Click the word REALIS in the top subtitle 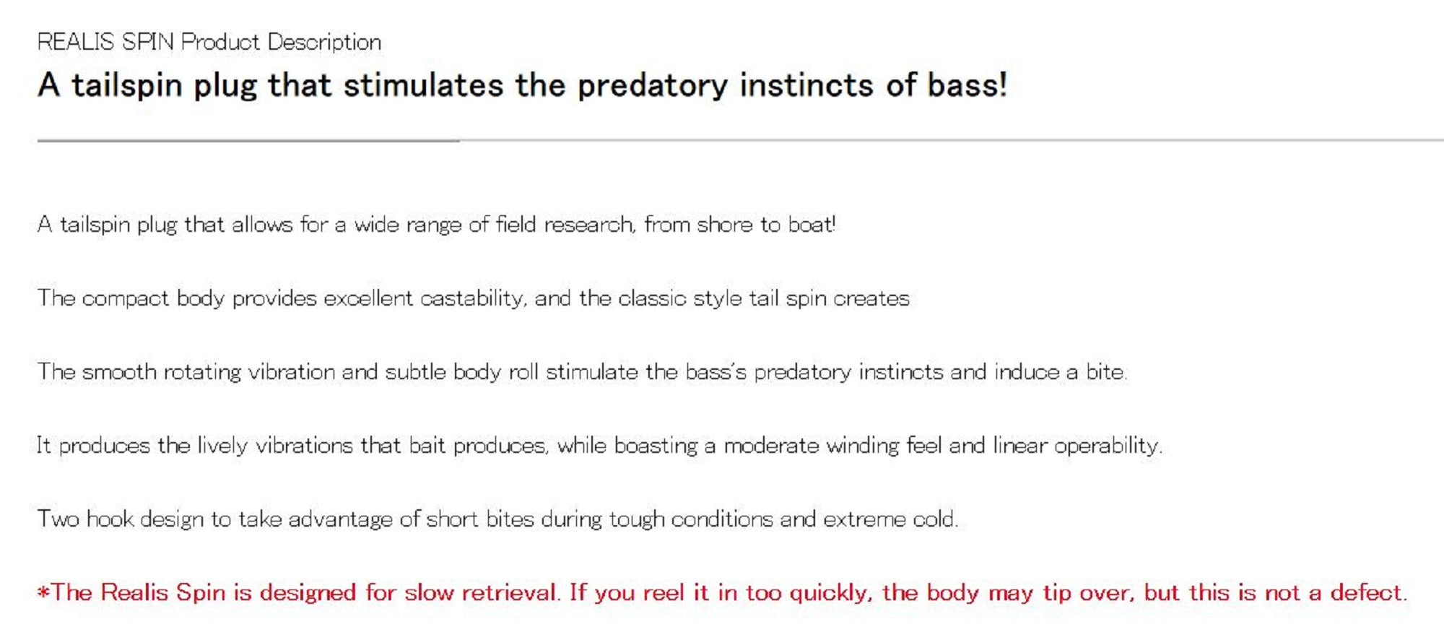click(x=76, y=42)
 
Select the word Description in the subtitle click(x=324, y=43)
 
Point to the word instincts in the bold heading click(x=806, y=85)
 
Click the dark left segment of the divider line click(x=248, y=141)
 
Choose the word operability click(x=1108, y=446)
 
